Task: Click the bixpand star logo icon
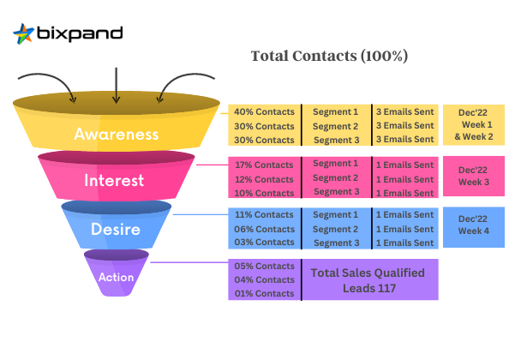24,34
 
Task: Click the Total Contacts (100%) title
329,56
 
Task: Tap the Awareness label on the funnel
116,135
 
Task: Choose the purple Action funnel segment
116,276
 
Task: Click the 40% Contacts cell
264,112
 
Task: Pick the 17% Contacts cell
264,164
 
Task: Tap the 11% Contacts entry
264,215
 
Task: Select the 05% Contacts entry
264,266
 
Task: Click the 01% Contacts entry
264,294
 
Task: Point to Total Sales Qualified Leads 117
369,279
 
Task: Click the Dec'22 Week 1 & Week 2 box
474,123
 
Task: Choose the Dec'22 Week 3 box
474,176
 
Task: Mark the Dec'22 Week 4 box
474,225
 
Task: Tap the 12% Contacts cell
264,178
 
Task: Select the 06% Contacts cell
264,229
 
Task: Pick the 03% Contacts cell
264,243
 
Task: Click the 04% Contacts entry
264,279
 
